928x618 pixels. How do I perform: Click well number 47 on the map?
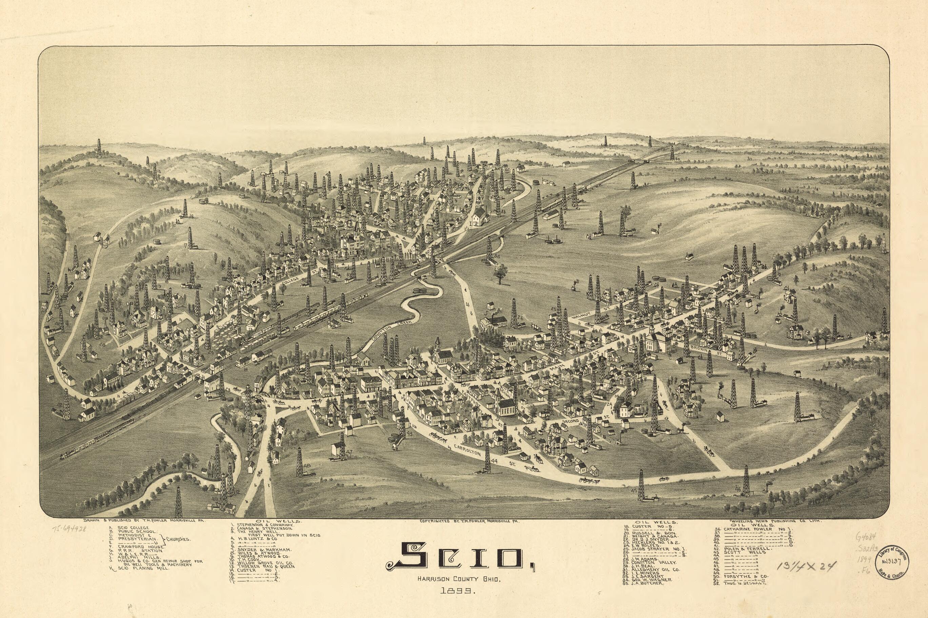click(349, 452)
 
